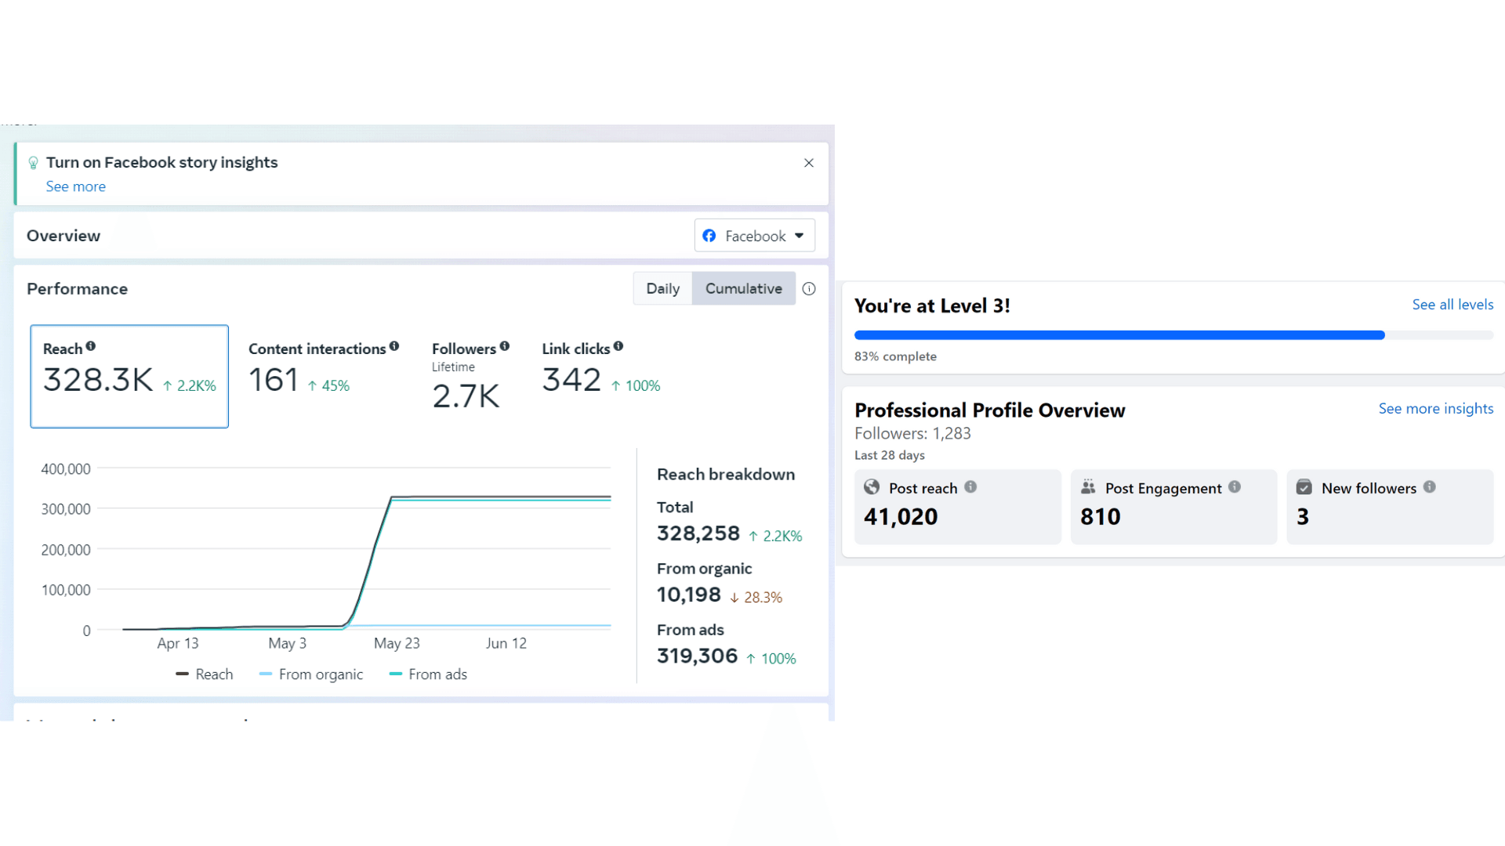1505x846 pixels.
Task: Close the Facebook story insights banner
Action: point(809,163)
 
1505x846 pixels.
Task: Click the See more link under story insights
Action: point(75,186)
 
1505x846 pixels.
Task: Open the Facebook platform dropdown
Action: point(754,236)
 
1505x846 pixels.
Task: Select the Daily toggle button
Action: point(662,288)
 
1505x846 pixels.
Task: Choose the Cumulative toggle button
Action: point(743,288)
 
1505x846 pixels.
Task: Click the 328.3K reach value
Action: point(98,380)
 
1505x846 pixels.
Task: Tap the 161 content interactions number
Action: point(274,380)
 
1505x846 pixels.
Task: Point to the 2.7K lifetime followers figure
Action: point(466,396)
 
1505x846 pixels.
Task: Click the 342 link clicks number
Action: point(571,380)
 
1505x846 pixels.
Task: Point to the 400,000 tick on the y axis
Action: point(66,469)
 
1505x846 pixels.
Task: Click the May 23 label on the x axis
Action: point(397,643)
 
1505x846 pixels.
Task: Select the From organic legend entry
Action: point(311,674)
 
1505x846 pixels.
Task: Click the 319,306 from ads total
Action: point(697,656)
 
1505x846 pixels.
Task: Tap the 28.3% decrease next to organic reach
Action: point(756,598)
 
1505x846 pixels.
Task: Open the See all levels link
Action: point(1452,305)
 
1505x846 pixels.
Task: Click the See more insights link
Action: point(1436,409)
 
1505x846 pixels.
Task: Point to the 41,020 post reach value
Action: point(901,517)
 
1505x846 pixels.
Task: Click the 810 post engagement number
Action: point(1101,517)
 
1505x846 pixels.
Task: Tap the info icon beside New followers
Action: point(1430,486)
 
